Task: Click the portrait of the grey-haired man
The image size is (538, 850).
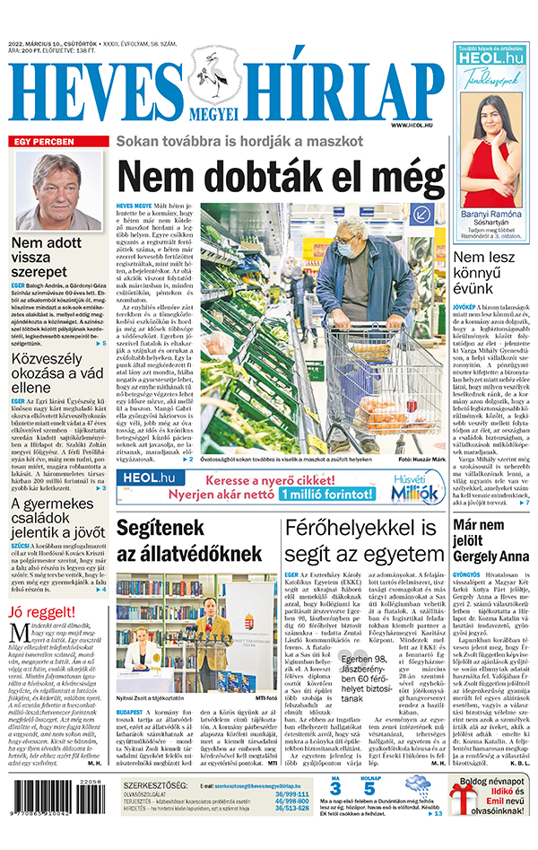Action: pos(59,191)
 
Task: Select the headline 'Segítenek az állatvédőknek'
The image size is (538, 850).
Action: pos(188,540)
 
